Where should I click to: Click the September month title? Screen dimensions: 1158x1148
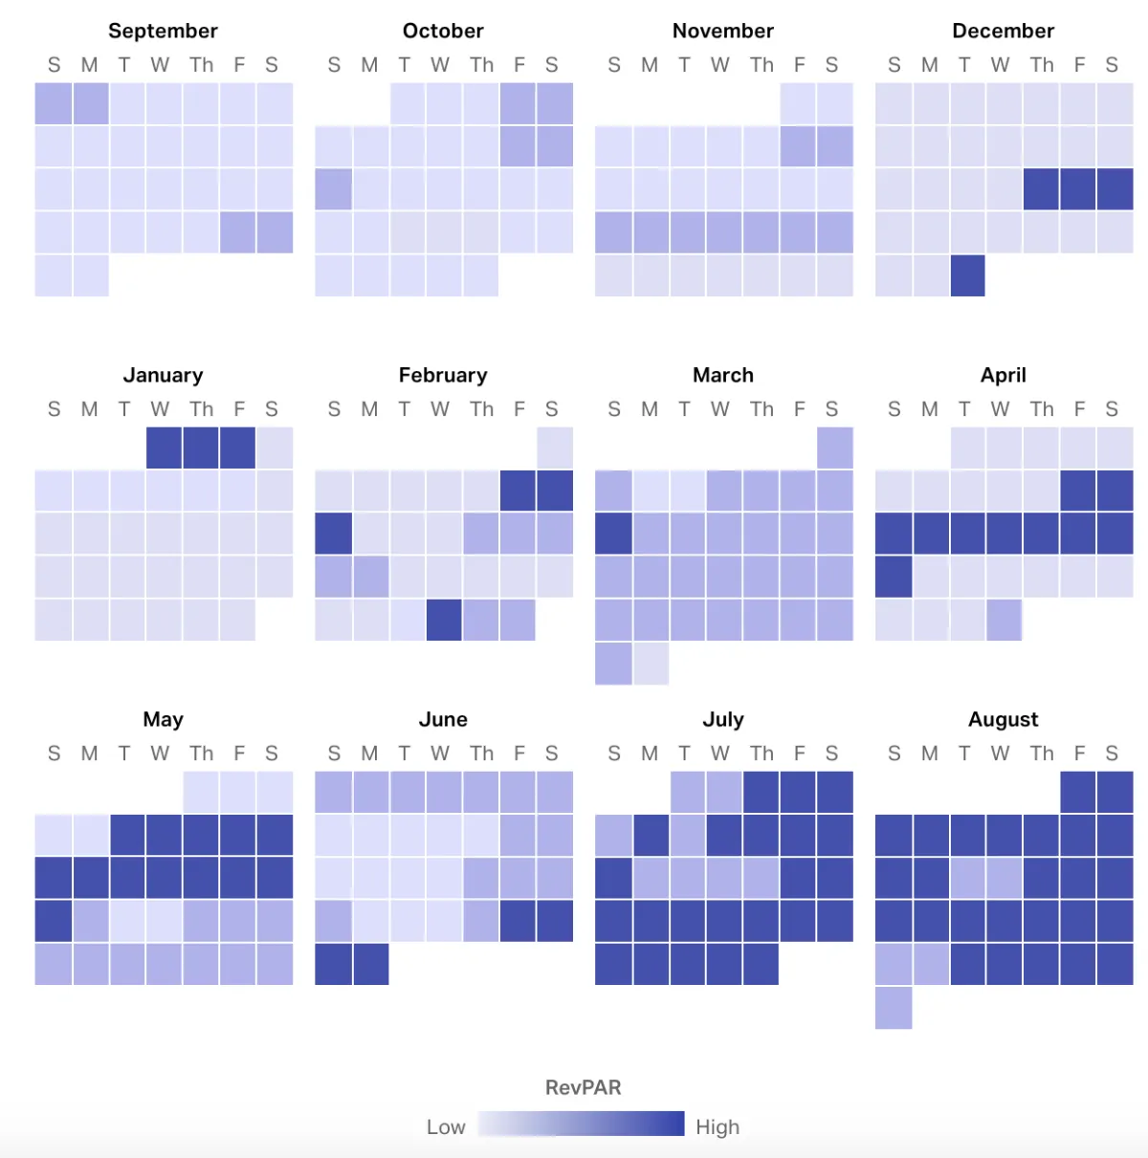click(x=163, y=31)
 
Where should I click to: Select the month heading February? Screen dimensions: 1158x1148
click(x=443, y=375)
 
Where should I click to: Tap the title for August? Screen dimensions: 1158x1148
click(x=1003, y=719)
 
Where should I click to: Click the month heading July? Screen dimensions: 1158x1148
click(x=723, y=719)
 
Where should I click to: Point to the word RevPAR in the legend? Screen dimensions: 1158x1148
click(x=583, y=1087)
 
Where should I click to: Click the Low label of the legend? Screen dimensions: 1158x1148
click(x=446, y=1127)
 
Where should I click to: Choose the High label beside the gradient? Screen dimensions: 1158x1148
click(x=717, y=1127)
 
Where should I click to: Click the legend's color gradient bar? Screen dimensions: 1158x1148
click(x=582, y=1124)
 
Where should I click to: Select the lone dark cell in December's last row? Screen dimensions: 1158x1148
click(x=968, y=275)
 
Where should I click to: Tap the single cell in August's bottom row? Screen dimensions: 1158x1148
click(x=894, y=1008)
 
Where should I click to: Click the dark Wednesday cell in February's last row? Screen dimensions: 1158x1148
click(x=444, y=620)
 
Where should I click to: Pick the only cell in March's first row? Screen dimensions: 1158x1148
click(x=835, y=448)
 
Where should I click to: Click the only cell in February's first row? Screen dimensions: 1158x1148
click(x=555, y=448)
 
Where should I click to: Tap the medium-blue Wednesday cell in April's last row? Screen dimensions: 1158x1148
click(x=1004, y=620)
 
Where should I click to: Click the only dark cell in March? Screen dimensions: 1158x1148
click(x=613, y=534)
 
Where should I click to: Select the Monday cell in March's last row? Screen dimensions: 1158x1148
click(x=651, y=664)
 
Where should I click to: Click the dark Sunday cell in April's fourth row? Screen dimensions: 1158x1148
click(x=894, y=577)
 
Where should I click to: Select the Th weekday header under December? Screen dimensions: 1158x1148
click(x=1042, y=65)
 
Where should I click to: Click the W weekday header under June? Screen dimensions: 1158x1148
click(x=440, y=754)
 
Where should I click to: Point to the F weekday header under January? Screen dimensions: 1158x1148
click(x=239, y=409)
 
